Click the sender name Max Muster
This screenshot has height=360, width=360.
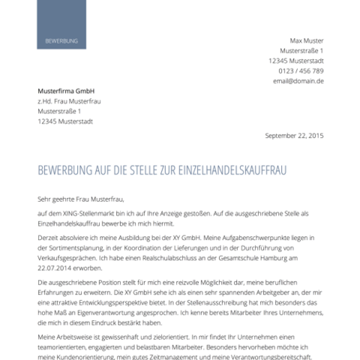307,40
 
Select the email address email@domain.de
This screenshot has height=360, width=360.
298,81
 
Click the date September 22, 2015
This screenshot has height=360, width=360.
295,136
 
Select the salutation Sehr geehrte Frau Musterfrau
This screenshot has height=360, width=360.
80,199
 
